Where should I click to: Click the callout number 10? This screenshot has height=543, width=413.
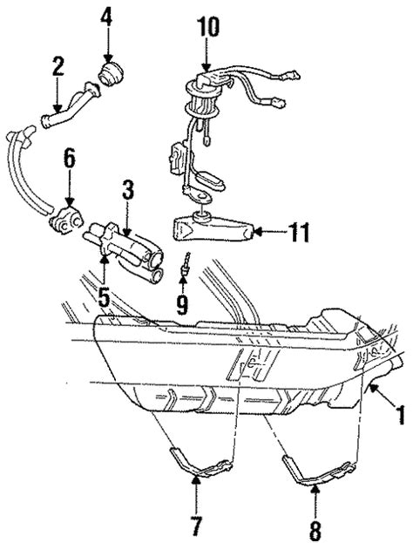pos(207,27)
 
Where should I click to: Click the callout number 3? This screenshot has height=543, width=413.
pos(128,190)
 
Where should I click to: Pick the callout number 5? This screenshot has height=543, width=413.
pos(104,297)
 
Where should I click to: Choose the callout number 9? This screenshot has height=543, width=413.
pos(182,305)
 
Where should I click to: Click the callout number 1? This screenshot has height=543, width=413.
pos(401,415)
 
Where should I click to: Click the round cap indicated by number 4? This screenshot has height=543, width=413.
pos(110,73)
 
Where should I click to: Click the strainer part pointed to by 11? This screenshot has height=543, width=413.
pos(213,227)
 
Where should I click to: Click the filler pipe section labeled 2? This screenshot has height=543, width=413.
pos(71,105)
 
